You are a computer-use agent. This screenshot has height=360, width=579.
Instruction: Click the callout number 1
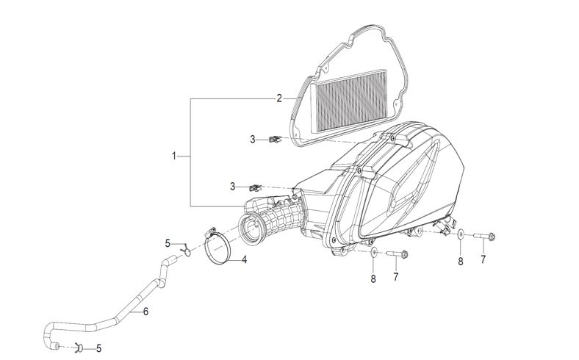173,156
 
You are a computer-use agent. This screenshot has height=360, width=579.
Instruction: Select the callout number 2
279,98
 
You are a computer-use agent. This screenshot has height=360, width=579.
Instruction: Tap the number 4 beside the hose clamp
244,259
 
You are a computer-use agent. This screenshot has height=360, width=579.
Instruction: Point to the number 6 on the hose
146,312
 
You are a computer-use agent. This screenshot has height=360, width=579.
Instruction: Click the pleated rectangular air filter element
349,101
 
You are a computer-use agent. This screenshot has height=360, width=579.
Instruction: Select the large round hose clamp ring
218,245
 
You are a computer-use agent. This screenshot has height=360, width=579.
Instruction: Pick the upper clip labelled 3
275,139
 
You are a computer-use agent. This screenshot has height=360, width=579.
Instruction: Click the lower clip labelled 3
255,188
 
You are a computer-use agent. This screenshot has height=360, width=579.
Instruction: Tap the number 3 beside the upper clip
253,140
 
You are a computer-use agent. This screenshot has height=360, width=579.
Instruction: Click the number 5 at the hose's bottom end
98,348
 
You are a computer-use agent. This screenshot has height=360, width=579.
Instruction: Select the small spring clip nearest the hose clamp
187,251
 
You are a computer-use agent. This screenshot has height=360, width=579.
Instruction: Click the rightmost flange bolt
484,236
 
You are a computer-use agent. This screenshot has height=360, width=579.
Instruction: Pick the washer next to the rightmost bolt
461,234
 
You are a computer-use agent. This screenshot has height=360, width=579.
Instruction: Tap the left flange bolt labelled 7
398,254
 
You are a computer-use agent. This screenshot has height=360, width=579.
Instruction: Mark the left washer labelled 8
374,252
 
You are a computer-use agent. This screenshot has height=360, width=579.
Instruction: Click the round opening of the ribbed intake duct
252,229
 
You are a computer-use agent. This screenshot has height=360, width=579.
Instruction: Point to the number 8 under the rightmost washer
461,262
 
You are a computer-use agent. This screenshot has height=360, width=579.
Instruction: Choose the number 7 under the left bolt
396,276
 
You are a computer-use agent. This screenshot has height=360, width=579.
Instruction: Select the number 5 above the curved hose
168,244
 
